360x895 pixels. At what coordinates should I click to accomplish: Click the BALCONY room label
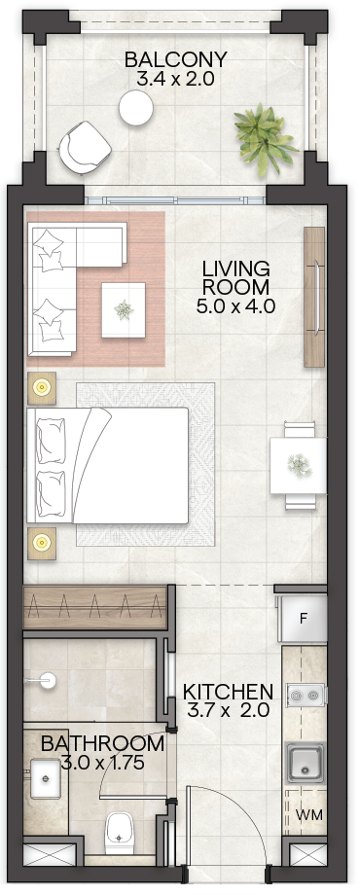[176, 60]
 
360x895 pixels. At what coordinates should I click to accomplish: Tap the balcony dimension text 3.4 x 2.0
[176, 78]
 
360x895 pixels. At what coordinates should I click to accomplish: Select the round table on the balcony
[136, 108]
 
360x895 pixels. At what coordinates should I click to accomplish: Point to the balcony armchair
[85, 147]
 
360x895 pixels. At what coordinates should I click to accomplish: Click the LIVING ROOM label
[235, 277]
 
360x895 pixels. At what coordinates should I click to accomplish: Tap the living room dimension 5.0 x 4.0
[235, 306]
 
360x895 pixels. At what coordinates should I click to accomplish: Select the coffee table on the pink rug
[124, 310]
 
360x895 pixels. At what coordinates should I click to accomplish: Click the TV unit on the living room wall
[314, 297]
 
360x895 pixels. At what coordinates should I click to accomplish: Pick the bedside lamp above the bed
[42, 388]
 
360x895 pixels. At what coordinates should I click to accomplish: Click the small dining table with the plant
[298, 465]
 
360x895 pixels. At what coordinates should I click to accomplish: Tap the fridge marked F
[303, 620]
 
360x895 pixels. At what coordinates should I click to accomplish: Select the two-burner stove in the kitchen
[306, 695]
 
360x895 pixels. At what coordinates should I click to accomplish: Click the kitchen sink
[306, 762]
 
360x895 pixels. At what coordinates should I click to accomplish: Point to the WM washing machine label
[309, 815]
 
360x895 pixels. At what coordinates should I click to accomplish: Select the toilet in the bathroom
[120, 832]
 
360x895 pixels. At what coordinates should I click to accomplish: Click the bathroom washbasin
[44, 778]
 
